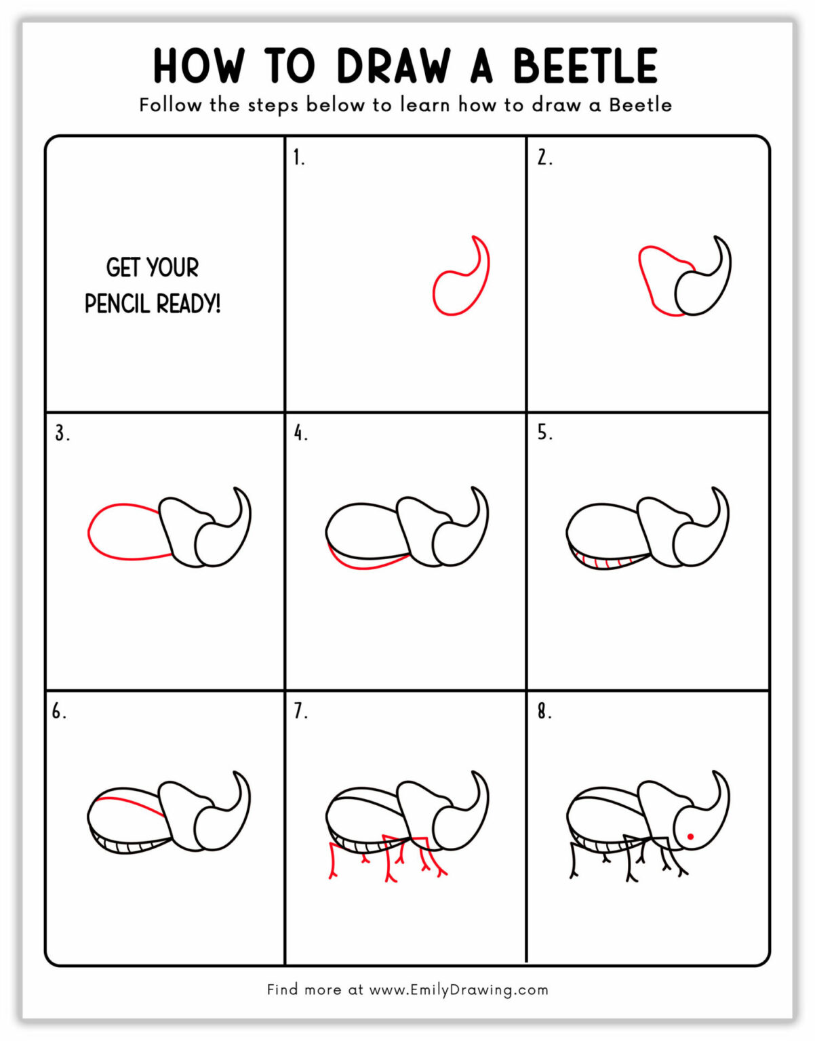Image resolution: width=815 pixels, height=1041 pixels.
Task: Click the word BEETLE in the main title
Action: coord(584,66)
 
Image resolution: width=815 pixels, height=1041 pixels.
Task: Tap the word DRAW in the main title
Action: coord(394,66)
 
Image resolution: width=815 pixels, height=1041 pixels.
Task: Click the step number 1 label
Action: coord(298,158)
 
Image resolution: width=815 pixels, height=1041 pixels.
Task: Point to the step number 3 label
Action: coord(62,433)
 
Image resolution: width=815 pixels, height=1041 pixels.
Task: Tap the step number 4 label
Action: coord(300,433)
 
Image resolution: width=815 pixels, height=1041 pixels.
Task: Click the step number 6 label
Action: coord(59,712)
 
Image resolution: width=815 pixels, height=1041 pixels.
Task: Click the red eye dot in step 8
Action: coord(690,836)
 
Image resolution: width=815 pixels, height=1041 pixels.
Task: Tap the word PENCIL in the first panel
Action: coord(117,304)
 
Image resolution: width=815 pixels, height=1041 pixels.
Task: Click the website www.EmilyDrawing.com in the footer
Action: coord(458,989)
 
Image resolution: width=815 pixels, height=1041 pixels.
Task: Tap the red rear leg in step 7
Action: coord(333,861)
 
